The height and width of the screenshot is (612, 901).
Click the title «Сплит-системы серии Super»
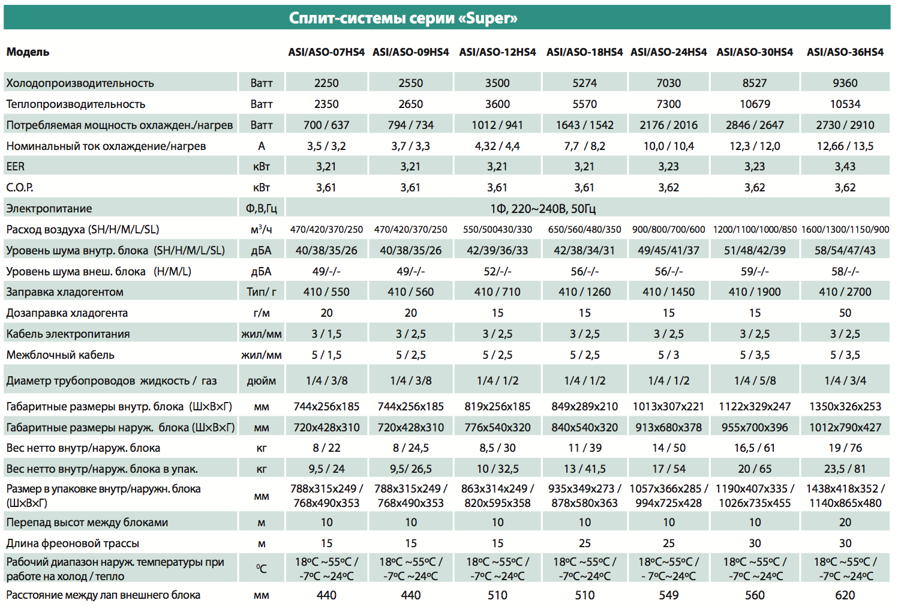click(x=403, y=18)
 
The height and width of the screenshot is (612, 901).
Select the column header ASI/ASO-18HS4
click(x=584, y=52)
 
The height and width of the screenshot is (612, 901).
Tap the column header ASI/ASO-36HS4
click(x=845, y=52)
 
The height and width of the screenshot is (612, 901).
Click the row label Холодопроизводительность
click(x=80, y=83)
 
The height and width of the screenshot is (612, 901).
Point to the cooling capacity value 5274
click(x=584, y=83)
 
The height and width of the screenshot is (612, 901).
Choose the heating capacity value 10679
click(x=755, y=104)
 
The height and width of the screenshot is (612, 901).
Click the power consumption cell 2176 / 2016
click(x=668, y=125)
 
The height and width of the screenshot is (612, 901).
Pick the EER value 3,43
click(x=845, y=167)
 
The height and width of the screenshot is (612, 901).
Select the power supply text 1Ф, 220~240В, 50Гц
click(x=543, y=209)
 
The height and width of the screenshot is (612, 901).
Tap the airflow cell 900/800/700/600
click(x=668, y=230)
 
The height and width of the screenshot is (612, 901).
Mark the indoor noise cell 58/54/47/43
click(x=845, y=251)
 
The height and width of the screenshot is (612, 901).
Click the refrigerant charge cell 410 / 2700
click(x=845, y=292)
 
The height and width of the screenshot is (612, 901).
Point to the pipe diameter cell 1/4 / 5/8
click(x=755, y=380)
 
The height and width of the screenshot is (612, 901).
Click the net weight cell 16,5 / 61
click(x=755, y=448)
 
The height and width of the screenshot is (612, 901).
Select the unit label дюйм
click(x=262, y=381)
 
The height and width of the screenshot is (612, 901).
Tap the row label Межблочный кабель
click(x=61, y=355)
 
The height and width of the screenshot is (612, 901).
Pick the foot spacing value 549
click(x=668, y=595)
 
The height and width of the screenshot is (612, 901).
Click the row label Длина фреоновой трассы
click(x=73, y=544)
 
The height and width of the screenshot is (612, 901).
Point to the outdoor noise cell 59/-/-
click(x=755, y=272)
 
